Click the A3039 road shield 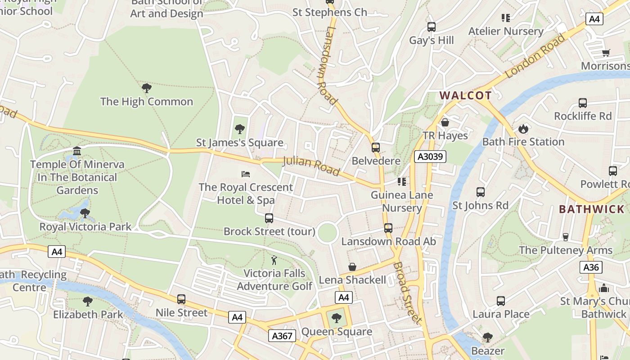430,157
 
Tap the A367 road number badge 283,335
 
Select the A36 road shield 591,267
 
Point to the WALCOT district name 465,95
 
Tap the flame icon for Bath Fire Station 523,129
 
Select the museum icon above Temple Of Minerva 77,151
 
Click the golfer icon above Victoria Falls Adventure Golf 274,260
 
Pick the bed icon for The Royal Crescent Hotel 246,174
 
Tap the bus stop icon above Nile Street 181,299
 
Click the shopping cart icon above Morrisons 606,53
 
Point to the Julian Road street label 311,166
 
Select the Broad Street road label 408,292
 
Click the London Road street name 535,57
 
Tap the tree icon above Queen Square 336,319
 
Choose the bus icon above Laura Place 501,301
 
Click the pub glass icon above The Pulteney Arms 566,237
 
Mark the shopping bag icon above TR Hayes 445,122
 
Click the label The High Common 147,102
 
